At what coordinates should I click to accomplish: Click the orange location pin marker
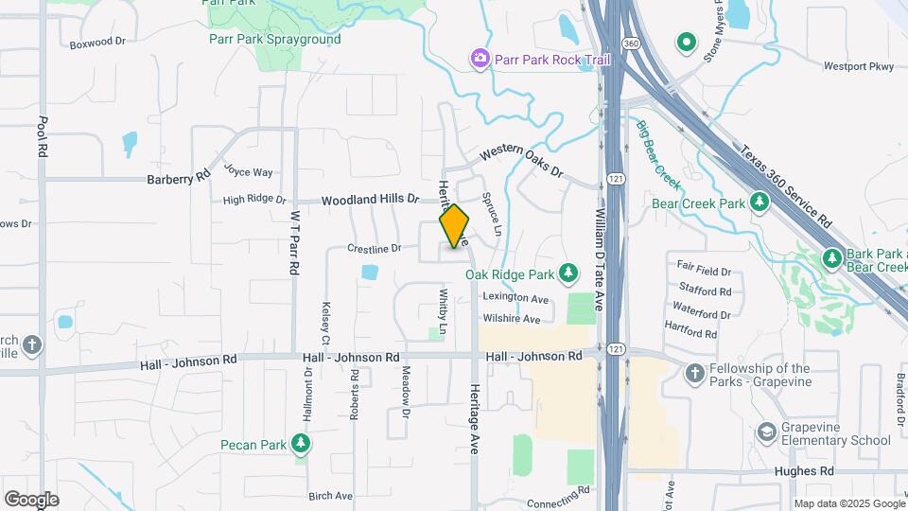455,226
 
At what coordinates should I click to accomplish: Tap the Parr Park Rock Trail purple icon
480,61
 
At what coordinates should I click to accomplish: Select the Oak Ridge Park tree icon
567,274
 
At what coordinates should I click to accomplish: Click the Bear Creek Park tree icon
759,203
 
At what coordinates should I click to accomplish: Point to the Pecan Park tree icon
301,444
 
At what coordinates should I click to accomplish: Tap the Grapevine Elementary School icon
767,432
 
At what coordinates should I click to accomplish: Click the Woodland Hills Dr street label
369,201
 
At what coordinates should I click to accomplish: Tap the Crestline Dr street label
375,249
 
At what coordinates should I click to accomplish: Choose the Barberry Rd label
178,178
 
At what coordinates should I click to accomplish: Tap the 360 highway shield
630,44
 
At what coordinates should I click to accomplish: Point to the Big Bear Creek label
658,152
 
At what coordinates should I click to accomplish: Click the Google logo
32,499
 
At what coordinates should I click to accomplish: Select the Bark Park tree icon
831,257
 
